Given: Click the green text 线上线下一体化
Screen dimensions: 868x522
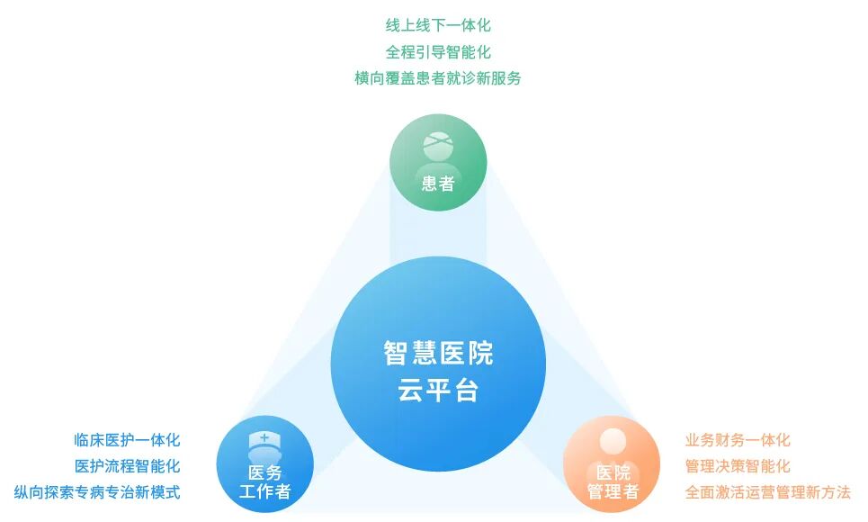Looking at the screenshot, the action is coord(438,25).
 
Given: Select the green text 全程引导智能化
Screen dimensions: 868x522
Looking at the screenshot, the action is coord(438,52).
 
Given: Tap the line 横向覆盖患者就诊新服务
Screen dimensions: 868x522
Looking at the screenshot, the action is coord(438,78).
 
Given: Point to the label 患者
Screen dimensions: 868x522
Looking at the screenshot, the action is coord(438,184).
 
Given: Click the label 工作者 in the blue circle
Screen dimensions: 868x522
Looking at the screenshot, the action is coord(264,491).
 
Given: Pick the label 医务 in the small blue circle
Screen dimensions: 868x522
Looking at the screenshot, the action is coord(264,472).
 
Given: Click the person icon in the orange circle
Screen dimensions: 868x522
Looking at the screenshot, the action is coord(613,446).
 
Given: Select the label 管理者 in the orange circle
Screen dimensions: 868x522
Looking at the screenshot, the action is coord(613,492).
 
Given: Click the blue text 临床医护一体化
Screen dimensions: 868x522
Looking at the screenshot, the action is coord(127,440).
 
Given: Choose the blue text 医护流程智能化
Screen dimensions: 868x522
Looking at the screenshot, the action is coord(127,466).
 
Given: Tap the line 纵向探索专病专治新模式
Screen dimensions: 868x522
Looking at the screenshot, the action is coord(97,492).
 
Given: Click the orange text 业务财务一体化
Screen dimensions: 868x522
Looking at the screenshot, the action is coord(738,440).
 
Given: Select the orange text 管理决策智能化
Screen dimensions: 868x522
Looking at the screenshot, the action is coord(738,466).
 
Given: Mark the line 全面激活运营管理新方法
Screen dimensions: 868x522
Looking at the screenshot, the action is coord(767,492).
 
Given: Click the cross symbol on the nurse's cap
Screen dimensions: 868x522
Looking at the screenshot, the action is coord(264,436).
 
